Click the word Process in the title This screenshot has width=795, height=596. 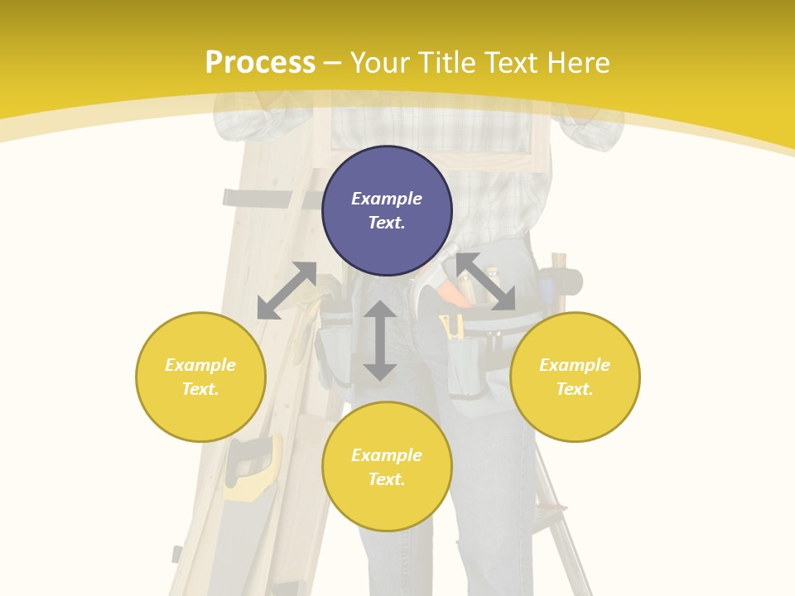(x=260, y=63)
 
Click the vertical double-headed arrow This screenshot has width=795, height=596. (x=380, y=340)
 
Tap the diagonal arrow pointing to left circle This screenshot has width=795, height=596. (x=287, y=291)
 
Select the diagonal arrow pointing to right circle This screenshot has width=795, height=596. (x=485, y=281)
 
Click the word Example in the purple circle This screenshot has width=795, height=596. (x=387, y=199)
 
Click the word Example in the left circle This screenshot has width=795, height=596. (x=200, y=365)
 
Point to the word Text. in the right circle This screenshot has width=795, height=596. (x=575, y=389)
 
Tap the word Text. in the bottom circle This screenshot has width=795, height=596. (x=387, y=479)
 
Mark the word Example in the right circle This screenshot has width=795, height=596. (x=575, y=365)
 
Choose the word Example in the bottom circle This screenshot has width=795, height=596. (x=387, y=455)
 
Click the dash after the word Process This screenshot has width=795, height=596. (x=333, y=63)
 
